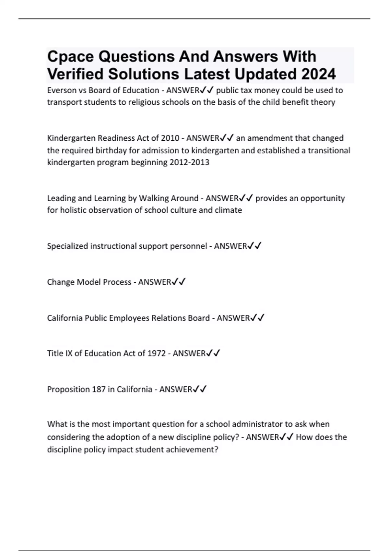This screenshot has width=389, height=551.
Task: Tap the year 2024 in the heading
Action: (318, 75)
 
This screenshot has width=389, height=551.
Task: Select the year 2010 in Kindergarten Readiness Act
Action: (170, 138)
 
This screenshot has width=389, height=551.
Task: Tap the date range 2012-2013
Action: (189, 162)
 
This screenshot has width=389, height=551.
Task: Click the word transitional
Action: (329, 150)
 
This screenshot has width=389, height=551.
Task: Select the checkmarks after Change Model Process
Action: (179, 282)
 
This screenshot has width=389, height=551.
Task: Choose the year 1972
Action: (157, 353)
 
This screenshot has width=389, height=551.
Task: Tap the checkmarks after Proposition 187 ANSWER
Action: (200, 389)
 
